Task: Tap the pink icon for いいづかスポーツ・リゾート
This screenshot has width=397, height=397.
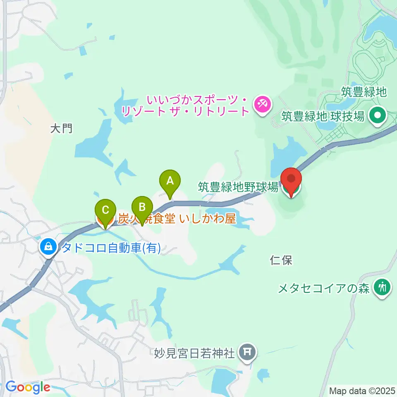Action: (x=262, y=103)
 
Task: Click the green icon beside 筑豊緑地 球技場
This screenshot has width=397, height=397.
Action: (x=377, y=117)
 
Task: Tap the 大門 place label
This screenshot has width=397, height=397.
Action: (x=61, y=129)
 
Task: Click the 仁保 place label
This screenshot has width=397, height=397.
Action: (x=281, y=260)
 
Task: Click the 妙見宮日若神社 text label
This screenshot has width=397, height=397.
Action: (x=195, y=353)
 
